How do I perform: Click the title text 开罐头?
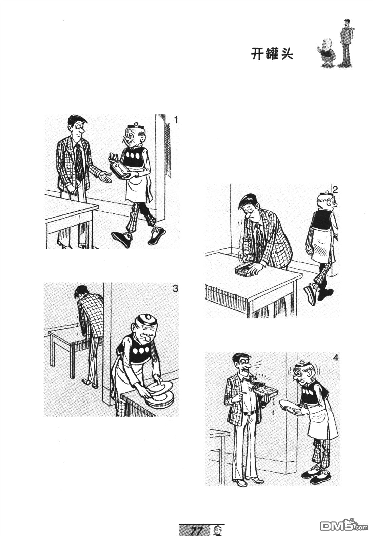click(272, 54)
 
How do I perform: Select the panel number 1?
click(176, 120)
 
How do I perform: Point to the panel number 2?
click(335, 190)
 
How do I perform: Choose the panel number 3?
click(175, 289)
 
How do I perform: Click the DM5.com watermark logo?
click(345, 524)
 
